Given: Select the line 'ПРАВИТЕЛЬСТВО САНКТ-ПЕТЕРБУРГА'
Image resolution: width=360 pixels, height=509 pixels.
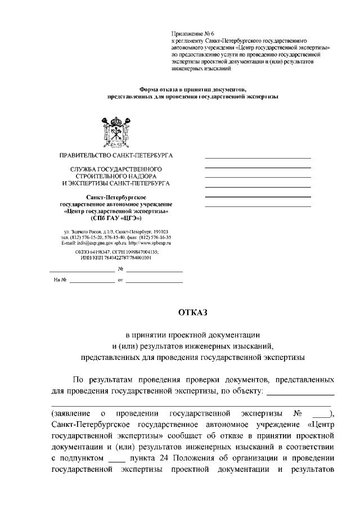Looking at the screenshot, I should click(x=116, y=155).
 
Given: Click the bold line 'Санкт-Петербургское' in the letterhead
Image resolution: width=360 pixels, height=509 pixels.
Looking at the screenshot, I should click(x=116, y=197).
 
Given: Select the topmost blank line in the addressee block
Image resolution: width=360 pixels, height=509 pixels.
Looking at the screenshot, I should click(x=258, y=157).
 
